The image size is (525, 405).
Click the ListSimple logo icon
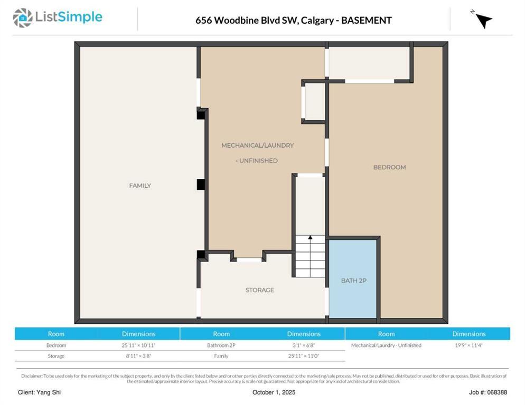click(x=22, y=18)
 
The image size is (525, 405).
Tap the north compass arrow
click(x=482, y=20)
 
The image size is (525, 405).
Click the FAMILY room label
click(x=140, y=186)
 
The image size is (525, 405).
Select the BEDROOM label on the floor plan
click(x=389, y=167)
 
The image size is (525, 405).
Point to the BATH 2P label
click(x=353, y=281)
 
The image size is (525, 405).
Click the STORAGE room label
click(x=259, y=290)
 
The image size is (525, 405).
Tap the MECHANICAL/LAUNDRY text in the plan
click(x=257, y=146)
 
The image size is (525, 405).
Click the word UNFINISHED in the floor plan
click(x=258, y=161)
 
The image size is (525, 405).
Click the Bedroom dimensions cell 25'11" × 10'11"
click(x=138, y=345)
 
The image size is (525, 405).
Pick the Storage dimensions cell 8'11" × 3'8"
click(x=138, y=356)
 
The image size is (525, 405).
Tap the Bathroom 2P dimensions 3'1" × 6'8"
click(x=304, y=345)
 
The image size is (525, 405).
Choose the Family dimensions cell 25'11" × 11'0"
click(x=304, y=356)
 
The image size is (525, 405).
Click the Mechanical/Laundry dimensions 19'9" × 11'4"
click(x=468, y=345)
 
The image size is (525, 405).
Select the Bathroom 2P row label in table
click(x=221, y=345)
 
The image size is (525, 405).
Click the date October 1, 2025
click(x=274, y=392)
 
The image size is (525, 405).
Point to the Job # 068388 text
click(x=487, y=392)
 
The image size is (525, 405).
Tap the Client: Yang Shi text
click(x=39, y=392)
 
